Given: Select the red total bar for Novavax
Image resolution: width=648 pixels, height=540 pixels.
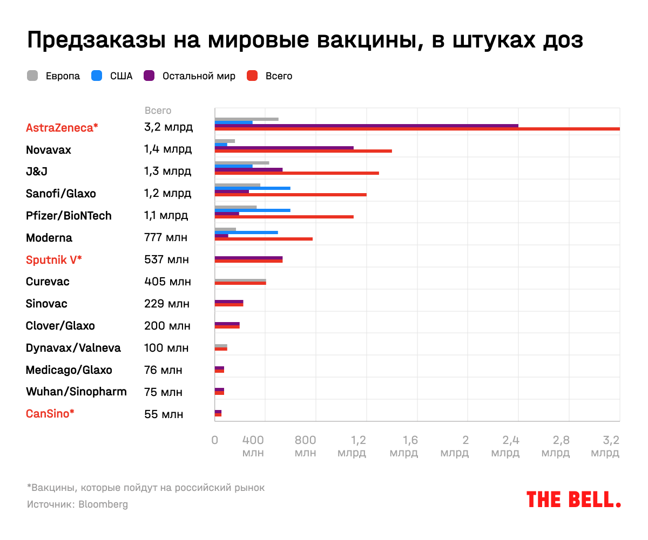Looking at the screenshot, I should (303, 151).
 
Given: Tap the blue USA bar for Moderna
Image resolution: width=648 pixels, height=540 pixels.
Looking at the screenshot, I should (246, 232).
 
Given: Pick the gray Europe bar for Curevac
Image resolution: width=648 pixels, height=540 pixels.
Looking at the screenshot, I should (240, 281).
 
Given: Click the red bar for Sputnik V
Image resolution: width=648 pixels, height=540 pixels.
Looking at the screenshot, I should (248, 261).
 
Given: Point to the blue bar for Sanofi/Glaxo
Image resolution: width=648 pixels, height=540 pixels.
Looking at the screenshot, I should (252, 188).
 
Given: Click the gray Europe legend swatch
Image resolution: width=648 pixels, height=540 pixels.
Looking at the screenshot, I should (32, 76).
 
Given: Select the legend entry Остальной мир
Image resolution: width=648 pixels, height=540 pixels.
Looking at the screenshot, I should (198, 76).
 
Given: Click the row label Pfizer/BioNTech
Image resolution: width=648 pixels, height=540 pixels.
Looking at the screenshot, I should (69, 216).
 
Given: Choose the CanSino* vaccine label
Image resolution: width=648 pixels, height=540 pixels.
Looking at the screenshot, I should (50, 414).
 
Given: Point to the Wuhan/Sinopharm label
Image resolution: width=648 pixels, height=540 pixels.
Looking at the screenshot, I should (76, 392).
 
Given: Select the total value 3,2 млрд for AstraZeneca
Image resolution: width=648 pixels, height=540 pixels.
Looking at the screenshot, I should (168, 127).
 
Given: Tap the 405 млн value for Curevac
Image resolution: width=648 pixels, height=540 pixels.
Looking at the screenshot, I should (167, 282).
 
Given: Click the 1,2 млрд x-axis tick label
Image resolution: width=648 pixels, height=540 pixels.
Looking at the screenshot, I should (352, 446).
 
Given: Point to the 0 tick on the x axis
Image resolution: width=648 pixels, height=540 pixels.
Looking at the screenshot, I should (215, 440).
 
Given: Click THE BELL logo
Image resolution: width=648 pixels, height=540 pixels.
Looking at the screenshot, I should (573, 499).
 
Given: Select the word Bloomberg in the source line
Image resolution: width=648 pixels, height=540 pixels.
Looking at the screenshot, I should (103, 504).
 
